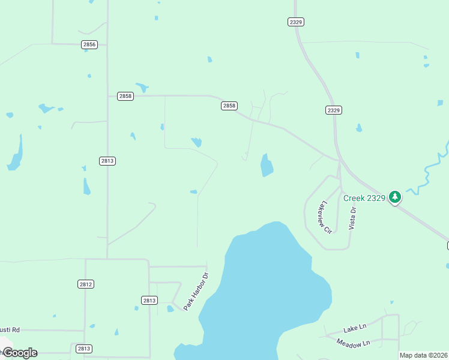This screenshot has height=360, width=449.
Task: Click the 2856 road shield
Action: pos(89,44)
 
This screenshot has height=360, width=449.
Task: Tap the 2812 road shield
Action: pos(86,284)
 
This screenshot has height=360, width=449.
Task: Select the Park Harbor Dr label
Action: pos(196,292)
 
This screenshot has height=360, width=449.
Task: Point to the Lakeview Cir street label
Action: pos(325,217)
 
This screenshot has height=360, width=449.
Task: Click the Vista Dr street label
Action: pos(353,217)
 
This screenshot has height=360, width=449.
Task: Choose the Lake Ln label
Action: pos(354,328)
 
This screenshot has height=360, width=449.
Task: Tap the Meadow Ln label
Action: pos(353,343)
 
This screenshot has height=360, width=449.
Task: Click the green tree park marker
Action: pos(394,196)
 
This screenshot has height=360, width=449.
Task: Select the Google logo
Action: pos(20,353)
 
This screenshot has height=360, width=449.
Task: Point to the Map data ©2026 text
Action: pos(424,355)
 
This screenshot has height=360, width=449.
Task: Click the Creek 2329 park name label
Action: pos(364,197)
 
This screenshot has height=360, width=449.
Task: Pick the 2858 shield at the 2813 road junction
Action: pos(125,96)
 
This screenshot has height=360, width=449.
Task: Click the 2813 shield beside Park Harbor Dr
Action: pos(149,300)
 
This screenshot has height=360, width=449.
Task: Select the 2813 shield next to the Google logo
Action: pos(84,349)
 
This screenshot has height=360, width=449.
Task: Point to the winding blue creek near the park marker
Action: pos(428,174)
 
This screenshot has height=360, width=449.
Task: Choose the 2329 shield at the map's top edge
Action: pos(295,22)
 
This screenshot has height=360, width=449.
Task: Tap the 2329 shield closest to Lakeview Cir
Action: pos(334,110)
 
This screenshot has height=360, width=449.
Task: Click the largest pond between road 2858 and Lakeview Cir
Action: pos(267,165)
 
